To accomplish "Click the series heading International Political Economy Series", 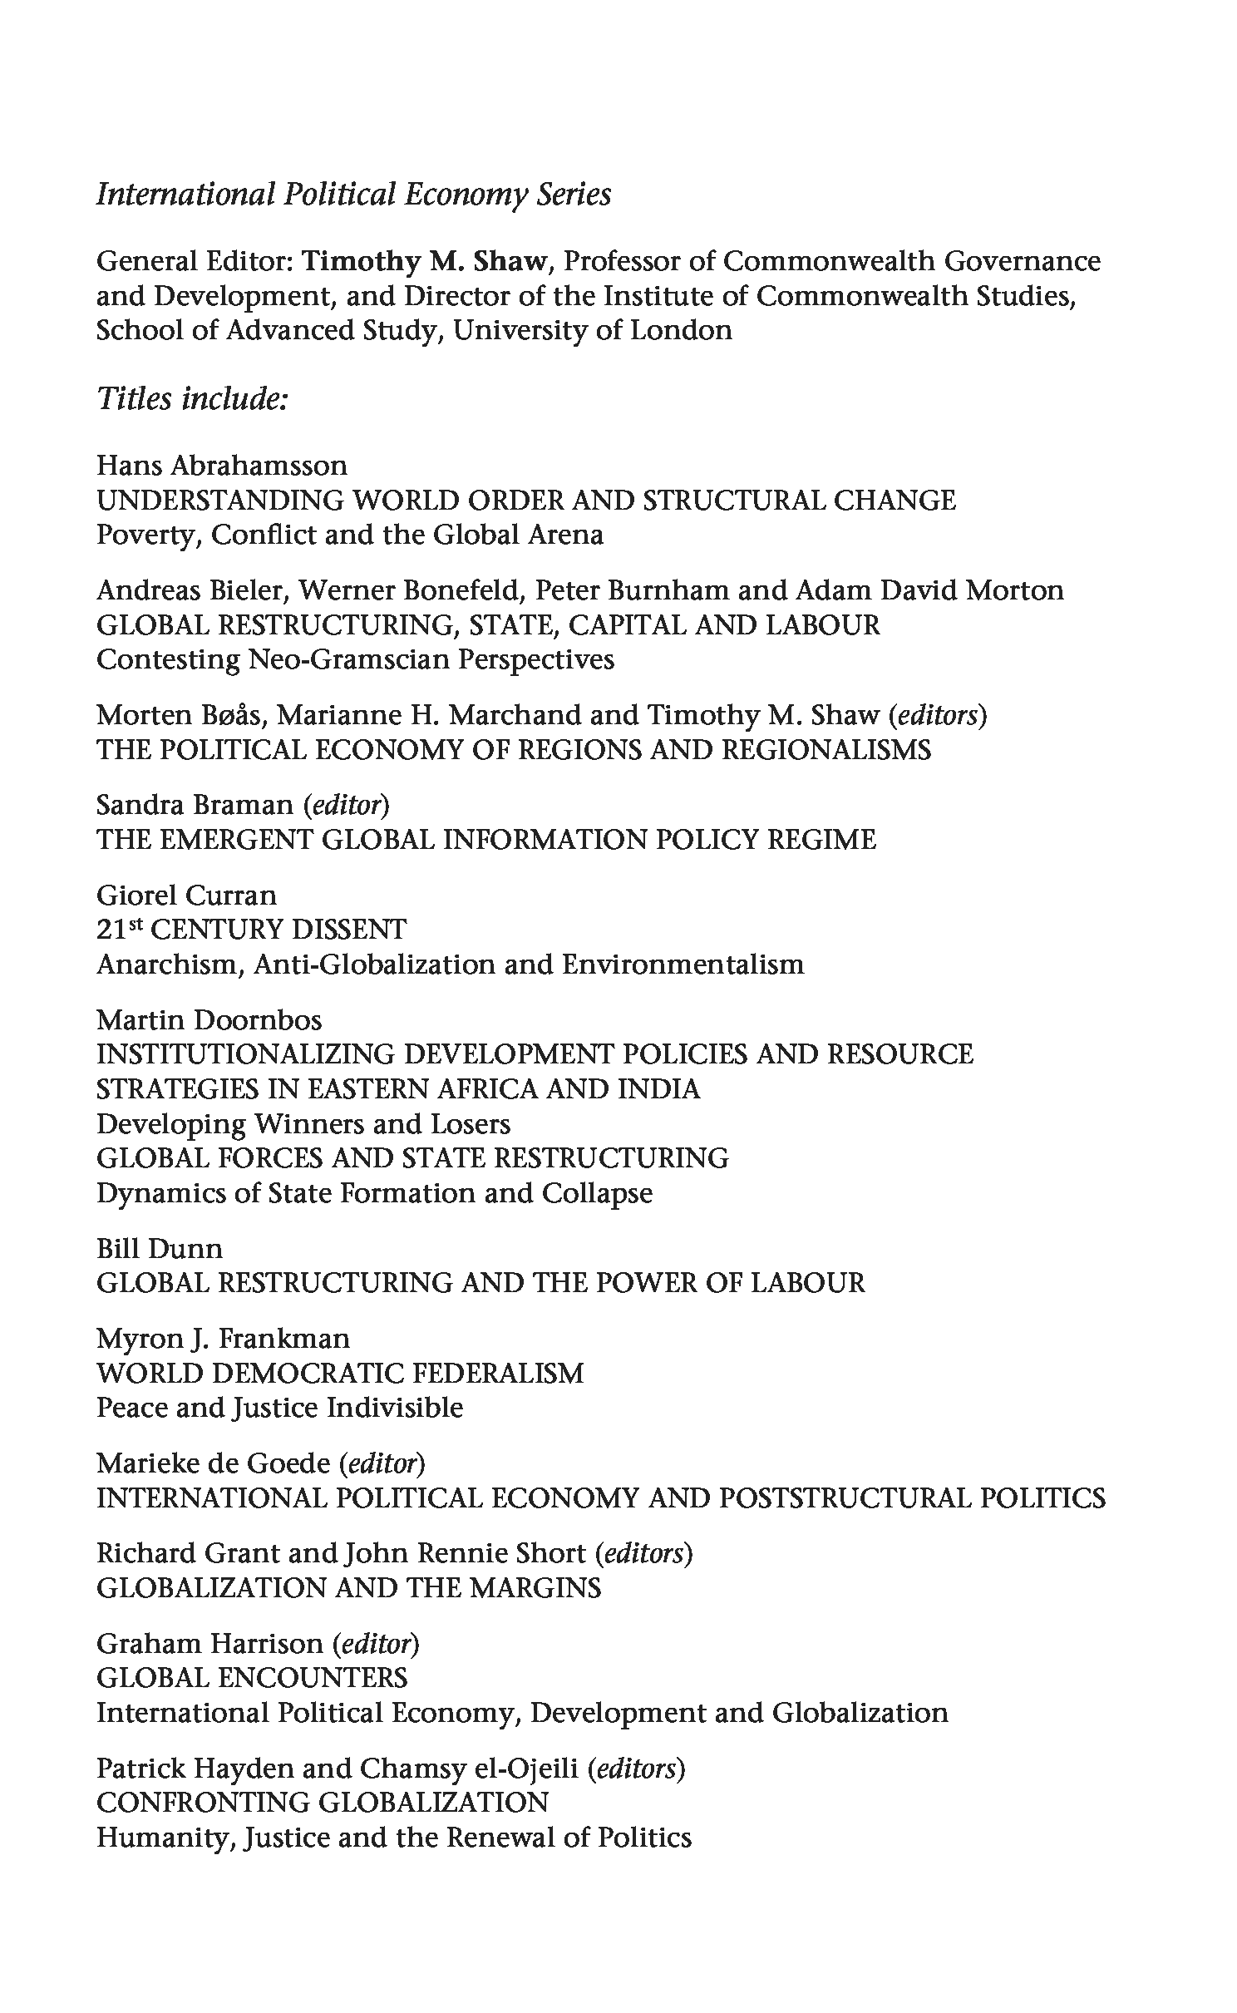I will click(353, 195).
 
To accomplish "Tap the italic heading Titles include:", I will click(192, 398).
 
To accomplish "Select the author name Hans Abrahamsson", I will click(222, 465).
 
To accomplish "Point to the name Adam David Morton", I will click(929, 590).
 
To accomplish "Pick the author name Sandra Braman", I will click(195, 805).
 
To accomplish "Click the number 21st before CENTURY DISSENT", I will click(117, 929).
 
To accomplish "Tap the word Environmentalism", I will click(683, 965).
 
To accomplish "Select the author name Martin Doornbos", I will click(209, 1019).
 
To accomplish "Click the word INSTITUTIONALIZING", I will click(245, 1054).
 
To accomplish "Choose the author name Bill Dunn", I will click(160, 1248).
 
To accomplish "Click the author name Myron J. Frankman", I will click(223, 1339).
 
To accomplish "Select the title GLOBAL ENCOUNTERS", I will click(252, 1678).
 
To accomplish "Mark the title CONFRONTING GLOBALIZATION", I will click(323, 1803).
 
